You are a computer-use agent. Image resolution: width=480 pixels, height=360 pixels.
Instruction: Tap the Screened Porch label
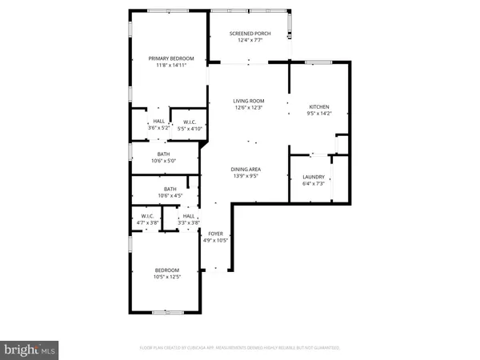point(250,34)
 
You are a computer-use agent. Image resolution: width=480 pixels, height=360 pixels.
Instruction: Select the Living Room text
point(248,101)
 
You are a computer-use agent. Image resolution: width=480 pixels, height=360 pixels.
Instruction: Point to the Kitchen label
point(319,107)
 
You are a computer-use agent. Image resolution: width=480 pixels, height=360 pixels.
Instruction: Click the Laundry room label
point(313,178)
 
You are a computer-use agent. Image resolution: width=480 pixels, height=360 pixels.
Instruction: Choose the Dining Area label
point(247,170)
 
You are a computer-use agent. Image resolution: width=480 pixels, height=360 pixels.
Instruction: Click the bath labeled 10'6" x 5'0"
point(163,154)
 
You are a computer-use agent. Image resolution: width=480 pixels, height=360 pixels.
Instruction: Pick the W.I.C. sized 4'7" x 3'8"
point(146,215)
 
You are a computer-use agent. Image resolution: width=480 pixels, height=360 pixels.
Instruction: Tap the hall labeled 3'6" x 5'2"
point(148,122)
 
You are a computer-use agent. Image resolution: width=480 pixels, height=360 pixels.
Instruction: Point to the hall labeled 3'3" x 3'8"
point(189,215)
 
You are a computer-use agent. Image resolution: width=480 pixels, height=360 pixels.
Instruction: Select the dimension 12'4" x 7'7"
point(250,40)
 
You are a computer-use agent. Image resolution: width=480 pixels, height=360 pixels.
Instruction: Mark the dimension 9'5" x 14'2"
point(319,114)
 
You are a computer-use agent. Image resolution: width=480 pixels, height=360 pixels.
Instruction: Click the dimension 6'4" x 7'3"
point(313,184)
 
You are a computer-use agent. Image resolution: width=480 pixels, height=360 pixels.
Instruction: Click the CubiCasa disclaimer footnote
point(239,348)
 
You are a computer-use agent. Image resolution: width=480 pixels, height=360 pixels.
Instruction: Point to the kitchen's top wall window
point(318,61)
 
